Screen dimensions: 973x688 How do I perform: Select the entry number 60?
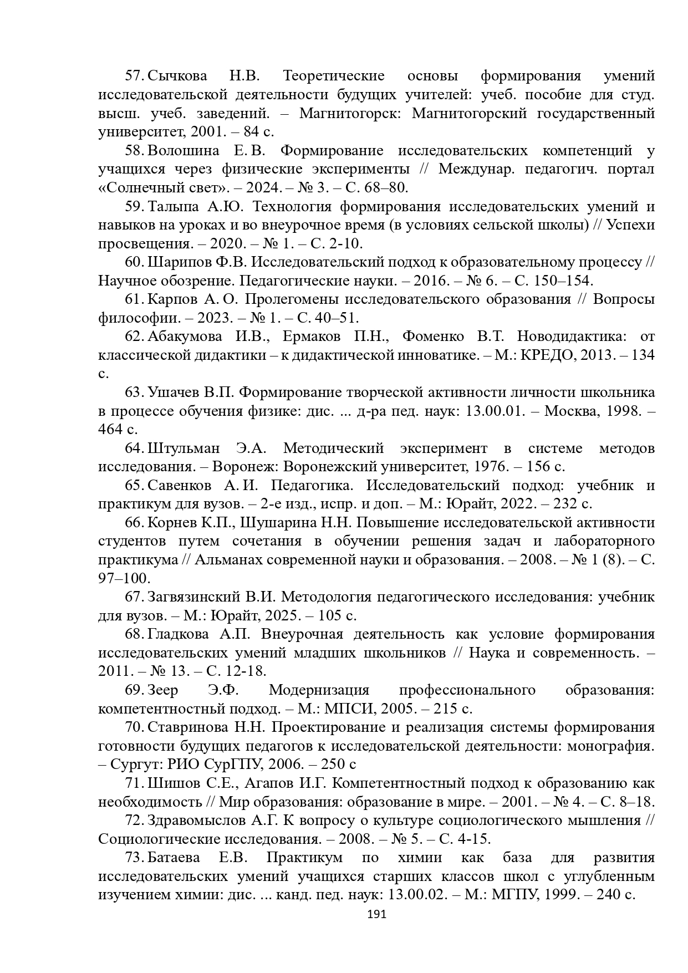135,262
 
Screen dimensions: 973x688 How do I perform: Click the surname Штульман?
184,448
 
